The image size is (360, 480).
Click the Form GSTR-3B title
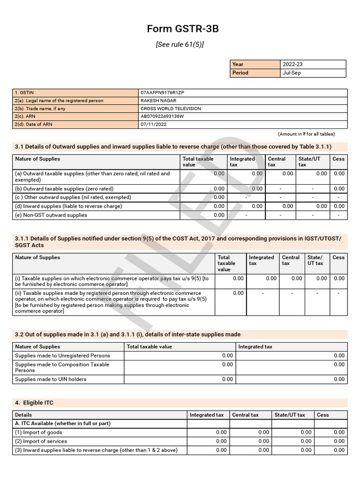(183, 29)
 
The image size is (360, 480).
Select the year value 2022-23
(293, 64)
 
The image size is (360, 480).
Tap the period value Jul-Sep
(292, 73)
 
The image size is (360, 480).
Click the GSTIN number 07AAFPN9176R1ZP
(162, 93)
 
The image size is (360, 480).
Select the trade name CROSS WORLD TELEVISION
(171, 109)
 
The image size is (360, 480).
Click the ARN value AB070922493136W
(162, 116)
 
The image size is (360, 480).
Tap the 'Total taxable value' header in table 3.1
(198, 162)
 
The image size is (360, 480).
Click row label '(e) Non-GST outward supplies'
(51, 215)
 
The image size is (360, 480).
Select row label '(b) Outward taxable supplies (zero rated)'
(64, 189)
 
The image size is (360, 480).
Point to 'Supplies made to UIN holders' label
(51, 379)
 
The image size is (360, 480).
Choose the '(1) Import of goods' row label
(38, 432)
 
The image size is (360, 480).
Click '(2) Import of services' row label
(41, 441)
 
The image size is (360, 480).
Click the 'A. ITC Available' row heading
(63, 423)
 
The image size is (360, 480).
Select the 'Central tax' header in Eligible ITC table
(245, 415)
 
